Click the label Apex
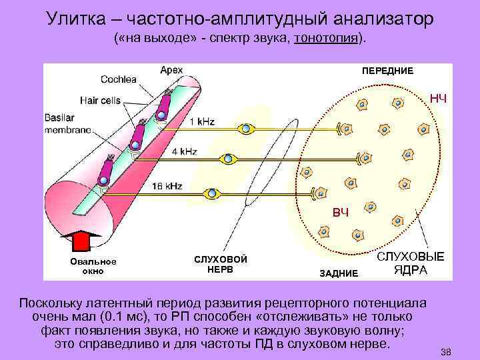click(171, 69)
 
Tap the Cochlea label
click(118, 80)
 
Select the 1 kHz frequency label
click(202, 121)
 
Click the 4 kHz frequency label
click(184, 151)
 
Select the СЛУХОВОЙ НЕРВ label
click(220, 264)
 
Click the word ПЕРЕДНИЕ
click(387, 70)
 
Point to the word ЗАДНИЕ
click(339, 273)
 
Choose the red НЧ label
click(438, 99)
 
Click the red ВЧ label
click(341, 213)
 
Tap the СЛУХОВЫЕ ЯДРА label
click(410, 263)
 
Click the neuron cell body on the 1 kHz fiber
click(247, 128)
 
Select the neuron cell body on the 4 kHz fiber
click(229, 159)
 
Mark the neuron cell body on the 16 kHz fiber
click(213, 193)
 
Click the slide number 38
click(447, 351)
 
